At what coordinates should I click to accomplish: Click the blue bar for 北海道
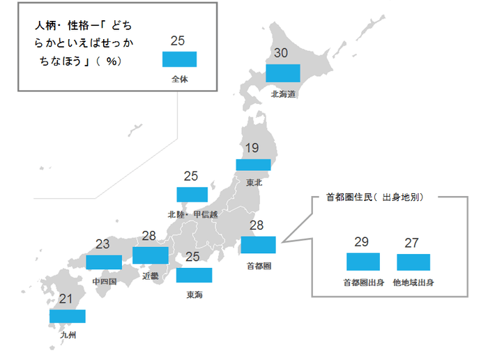click(283, 73)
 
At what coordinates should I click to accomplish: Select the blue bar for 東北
click(253, 165)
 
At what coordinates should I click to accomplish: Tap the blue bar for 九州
click(68, 316)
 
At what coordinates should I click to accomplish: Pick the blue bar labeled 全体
click(180, 59)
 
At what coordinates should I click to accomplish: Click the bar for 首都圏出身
click(363, 262)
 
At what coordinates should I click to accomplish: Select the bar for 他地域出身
click(413, 262)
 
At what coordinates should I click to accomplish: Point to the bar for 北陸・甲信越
click(192, 194)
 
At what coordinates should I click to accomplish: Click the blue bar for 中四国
click(104, 261)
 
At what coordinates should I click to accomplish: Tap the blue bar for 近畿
click(150, 255)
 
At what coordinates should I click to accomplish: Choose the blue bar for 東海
click(194, 275)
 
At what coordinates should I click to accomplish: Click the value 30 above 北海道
click(281, 54)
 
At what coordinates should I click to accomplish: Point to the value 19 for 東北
click(252, 148)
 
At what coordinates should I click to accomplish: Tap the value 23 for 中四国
click(102, 245)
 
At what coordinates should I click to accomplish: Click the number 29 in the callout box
click(361, 242)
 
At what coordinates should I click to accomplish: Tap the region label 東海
click(195, 294)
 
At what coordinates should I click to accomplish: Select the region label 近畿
click(151, 276)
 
